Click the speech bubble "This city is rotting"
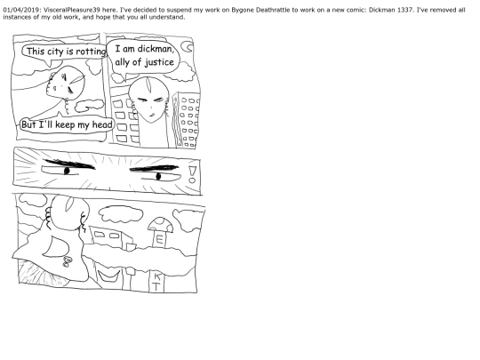(64, 52)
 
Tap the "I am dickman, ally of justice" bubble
(145, 56)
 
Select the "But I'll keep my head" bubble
(67, 125)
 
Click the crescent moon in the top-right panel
(187, 47)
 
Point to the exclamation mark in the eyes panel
(192, 174)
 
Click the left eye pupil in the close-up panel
(67, 171)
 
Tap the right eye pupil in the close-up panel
(158, 176)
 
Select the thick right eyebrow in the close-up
(154, 168)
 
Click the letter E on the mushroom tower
(159, 238)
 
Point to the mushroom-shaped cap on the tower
(160, 224)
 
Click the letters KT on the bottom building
(156, 283)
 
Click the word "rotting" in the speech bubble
(91, 52)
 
